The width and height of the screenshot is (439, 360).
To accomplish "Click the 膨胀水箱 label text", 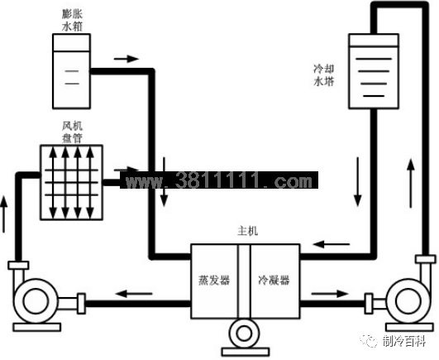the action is (x=72, y=21).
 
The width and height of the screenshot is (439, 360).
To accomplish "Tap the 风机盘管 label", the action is (x=72, y=132).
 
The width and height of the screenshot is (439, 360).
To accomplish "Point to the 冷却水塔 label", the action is (x=324, y=75).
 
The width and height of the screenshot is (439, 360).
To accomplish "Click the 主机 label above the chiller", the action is (x=247, y=231).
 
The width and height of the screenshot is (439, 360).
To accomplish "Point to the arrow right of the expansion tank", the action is (x=126, y=59).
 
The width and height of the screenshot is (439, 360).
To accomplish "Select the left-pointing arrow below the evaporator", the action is (x=134, y=294).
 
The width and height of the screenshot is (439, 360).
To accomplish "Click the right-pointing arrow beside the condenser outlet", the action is (x=330, y=294).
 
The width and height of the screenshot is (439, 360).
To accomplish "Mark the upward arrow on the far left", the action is (x=3, y=214).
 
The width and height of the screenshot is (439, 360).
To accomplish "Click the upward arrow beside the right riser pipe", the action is (x=411, y=183).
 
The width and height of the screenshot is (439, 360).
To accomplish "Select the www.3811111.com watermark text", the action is (x=219, y=180).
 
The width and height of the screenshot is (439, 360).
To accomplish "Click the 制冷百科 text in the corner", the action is (x=404, y=342).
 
